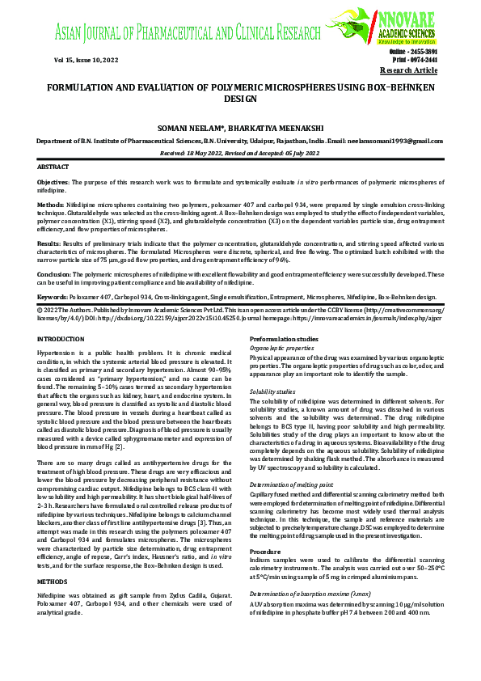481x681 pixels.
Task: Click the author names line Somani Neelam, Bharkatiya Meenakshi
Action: tap(240, 128)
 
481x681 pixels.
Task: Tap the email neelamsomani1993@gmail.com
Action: tap(398, 140)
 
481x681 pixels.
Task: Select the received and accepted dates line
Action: tap(240, 152)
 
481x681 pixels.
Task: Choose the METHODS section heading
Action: tap(53, 558)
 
